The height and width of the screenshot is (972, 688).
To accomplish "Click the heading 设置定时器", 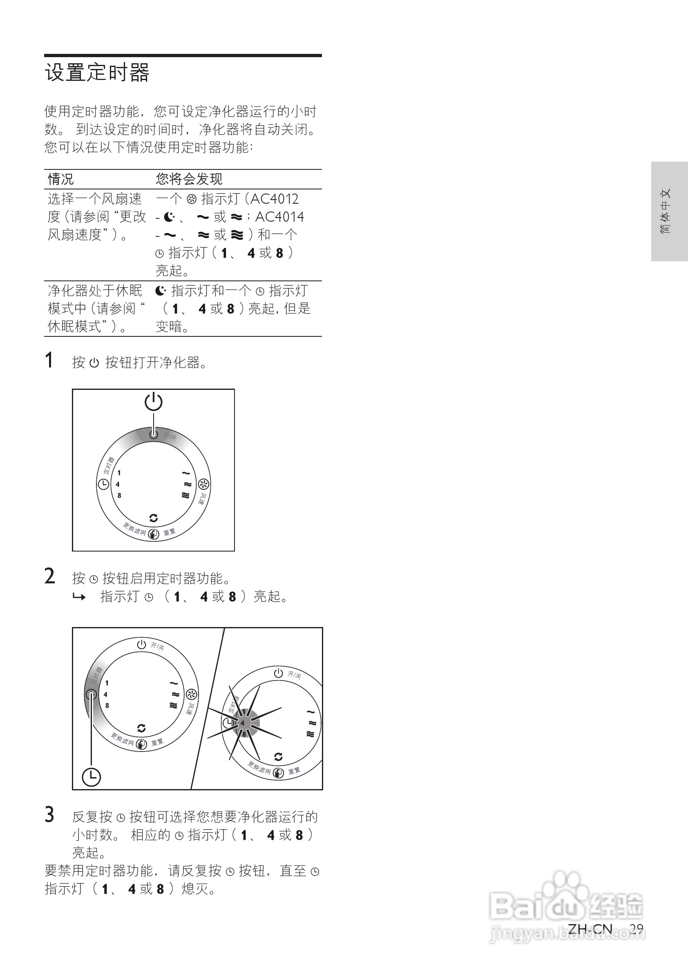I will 97,72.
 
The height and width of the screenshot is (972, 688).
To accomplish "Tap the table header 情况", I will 60,179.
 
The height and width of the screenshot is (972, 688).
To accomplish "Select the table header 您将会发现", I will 188,179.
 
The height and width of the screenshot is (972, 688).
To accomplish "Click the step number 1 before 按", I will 49,360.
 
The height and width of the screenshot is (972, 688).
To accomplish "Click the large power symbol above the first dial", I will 153,401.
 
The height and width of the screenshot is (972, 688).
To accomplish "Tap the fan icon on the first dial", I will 203,484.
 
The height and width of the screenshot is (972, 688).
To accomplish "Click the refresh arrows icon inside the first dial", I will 153,518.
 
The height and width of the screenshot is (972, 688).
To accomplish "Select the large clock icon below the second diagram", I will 91,777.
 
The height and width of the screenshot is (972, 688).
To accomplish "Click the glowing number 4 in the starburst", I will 242,723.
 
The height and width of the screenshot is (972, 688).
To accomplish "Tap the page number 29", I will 636,929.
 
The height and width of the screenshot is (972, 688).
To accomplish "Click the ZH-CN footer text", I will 590,929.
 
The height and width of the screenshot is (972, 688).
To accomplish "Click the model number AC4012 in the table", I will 275,198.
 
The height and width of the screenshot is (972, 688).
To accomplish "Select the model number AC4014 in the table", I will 279,217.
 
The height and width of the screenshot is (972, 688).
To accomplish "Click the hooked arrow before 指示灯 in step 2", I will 79,597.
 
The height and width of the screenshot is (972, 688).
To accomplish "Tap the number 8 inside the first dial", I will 119,495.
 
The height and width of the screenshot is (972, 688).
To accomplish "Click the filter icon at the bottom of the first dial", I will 153,534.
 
